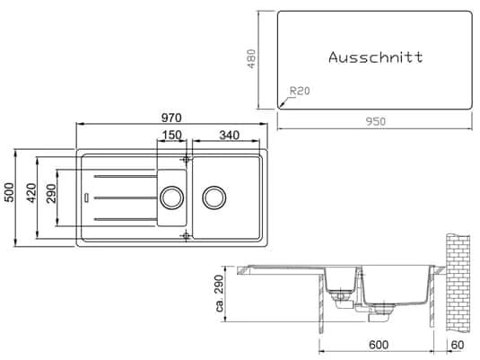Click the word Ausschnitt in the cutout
point(375,57)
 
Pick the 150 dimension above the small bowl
point(171,136)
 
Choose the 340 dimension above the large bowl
point(228,136)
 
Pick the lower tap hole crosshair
point(186,235)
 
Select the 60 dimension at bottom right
point(458,344)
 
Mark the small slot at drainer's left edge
point(85,197)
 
